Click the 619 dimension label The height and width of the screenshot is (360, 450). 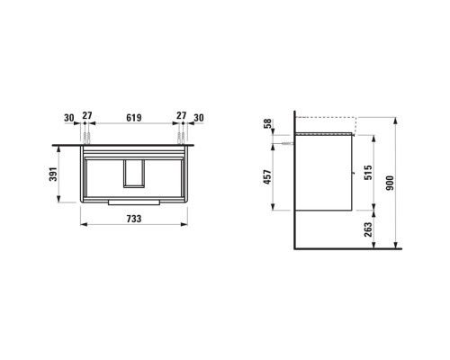click(x=135, y=117)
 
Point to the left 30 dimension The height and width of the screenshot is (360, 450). click(x=69, y=117)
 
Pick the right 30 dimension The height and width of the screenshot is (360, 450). click(x=199, y=117)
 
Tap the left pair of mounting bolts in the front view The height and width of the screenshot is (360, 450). click(x=87, y=138)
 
